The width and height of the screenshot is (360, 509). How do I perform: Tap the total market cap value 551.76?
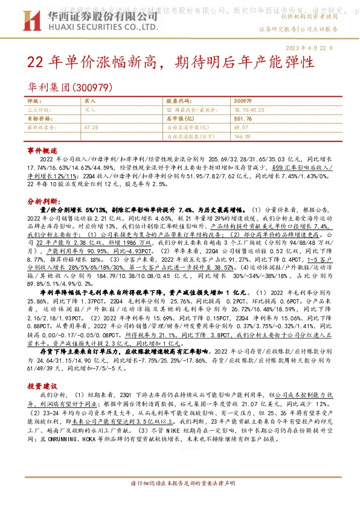tap(242, 119)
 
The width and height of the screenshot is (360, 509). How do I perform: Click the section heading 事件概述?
tap(42, 149)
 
